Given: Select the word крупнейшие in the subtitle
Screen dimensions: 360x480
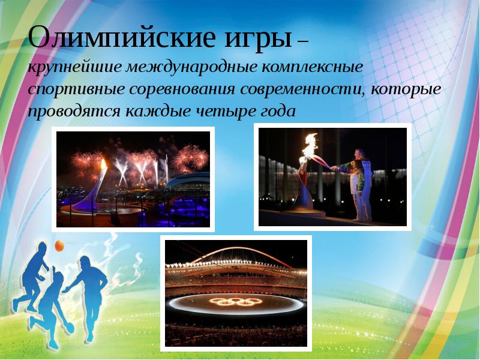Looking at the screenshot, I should [x=73, y=67].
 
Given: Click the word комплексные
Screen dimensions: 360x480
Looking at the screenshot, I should [x=313, y=67].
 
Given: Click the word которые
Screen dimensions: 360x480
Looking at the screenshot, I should [x=407, y=89].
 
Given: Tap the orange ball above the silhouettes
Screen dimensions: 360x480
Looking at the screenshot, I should [x=59, y=245].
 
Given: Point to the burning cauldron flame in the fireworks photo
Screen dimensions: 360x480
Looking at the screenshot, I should [x=103, y=164].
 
